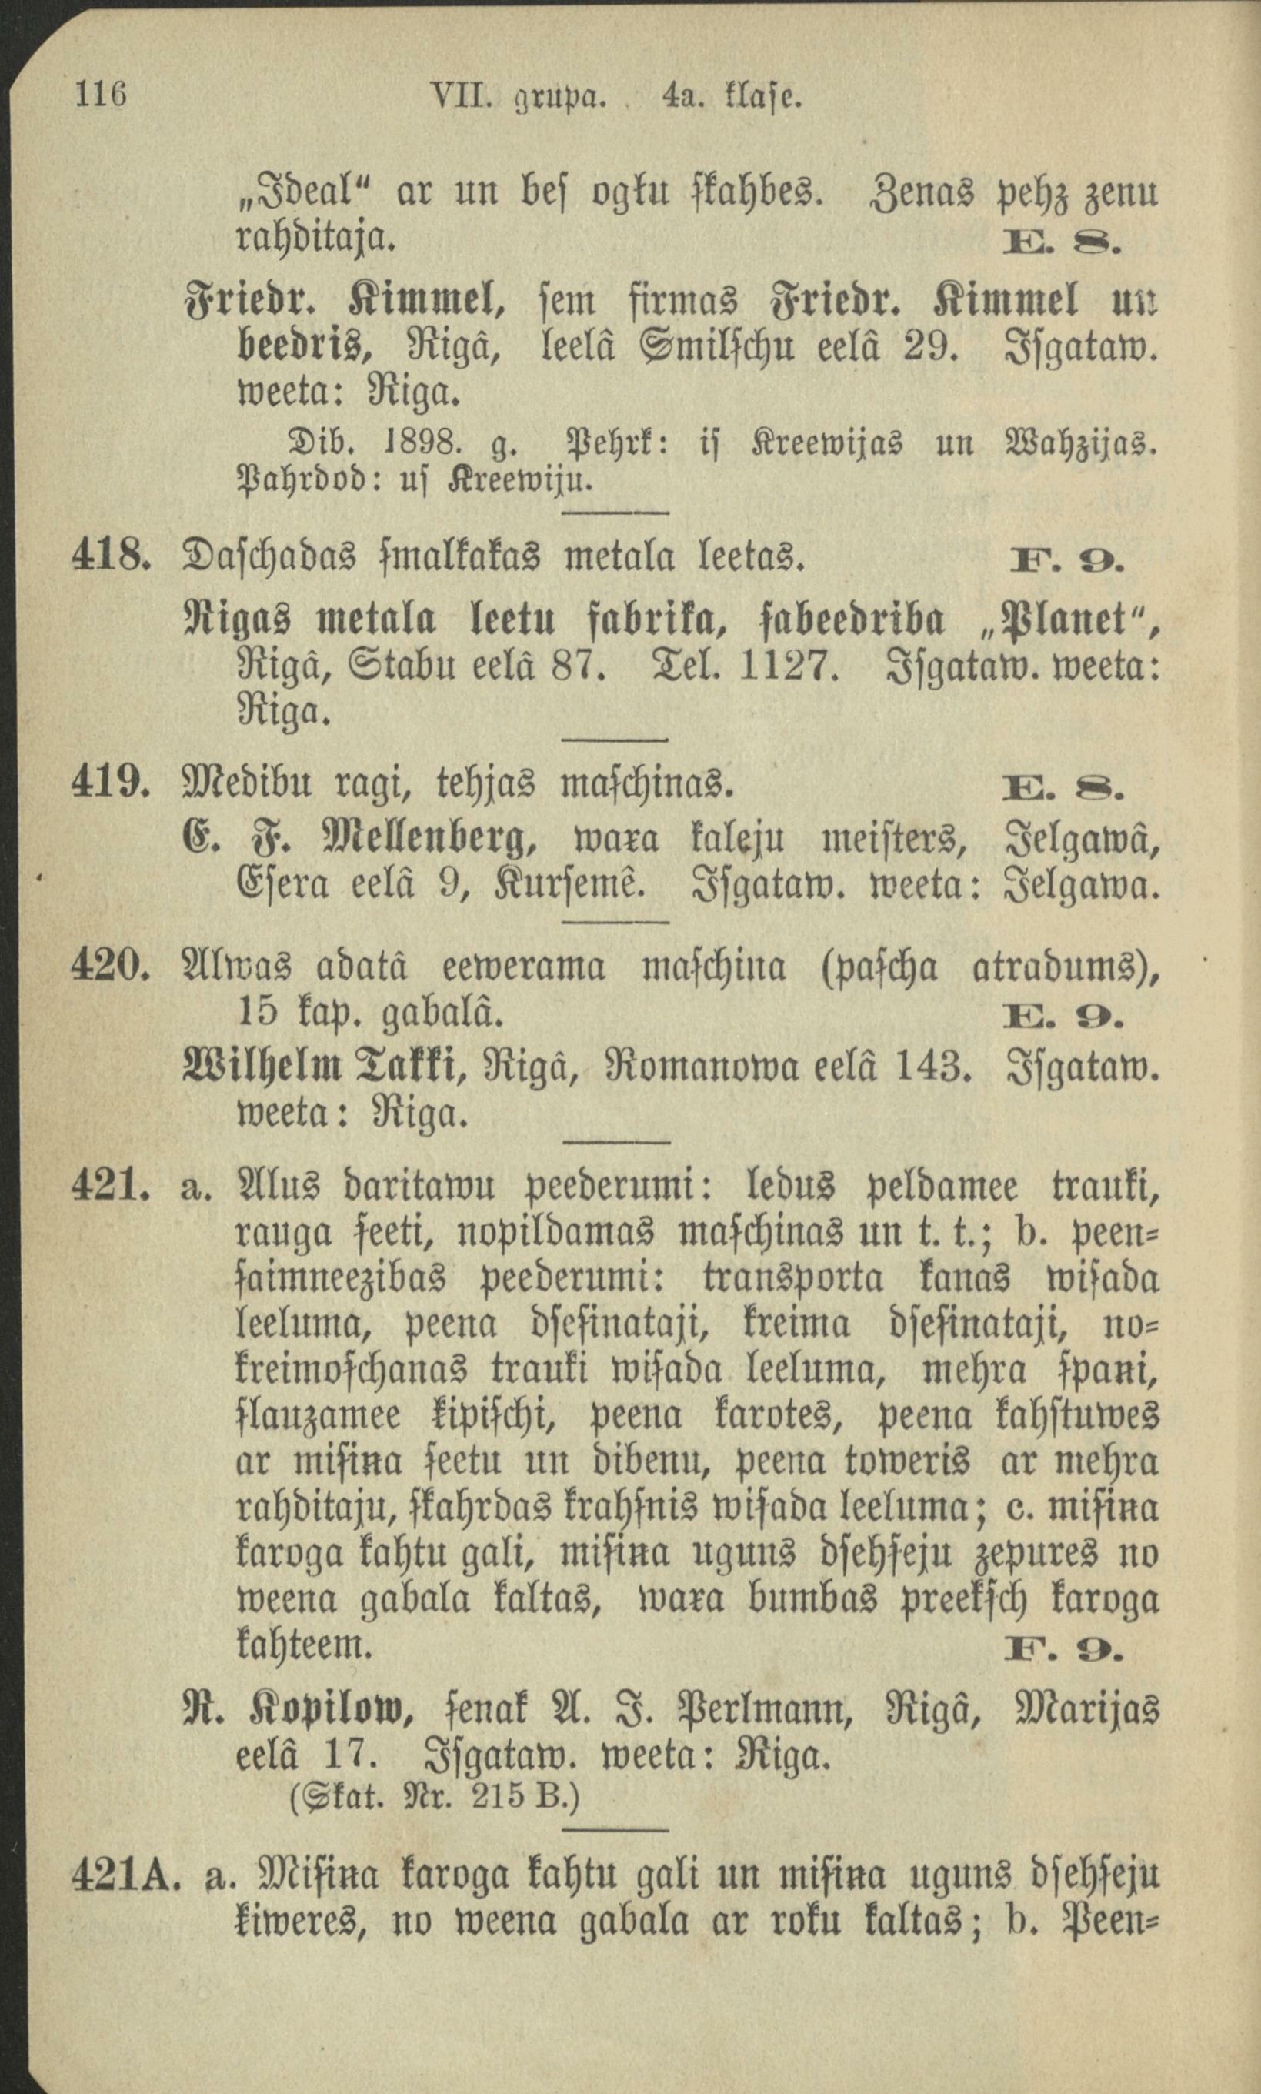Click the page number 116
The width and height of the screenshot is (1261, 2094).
click(101, 93)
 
